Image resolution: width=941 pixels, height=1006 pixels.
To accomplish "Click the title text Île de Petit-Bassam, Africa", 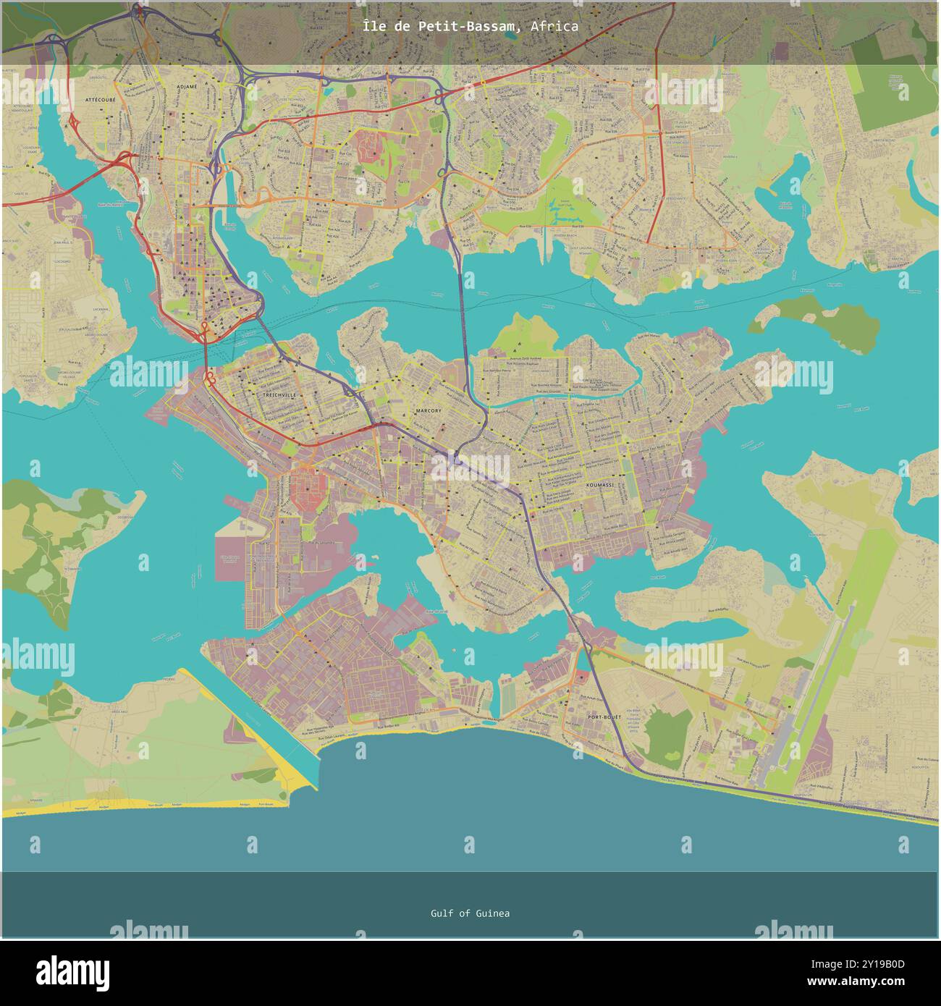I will tap(470, 27).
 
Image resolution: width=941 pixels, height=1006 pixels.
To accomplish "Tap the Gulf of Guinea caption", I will tap(470, 913).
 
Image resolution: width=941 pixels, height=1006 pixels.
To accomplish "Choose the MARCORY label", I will tap(428, 410).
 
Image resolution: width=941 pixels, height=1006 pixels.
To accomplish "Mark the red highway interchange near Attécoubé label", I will tap(123, 160).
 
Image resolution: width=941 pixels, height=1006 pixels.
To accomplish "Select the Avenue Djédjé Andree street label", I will tap(515, 358).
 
